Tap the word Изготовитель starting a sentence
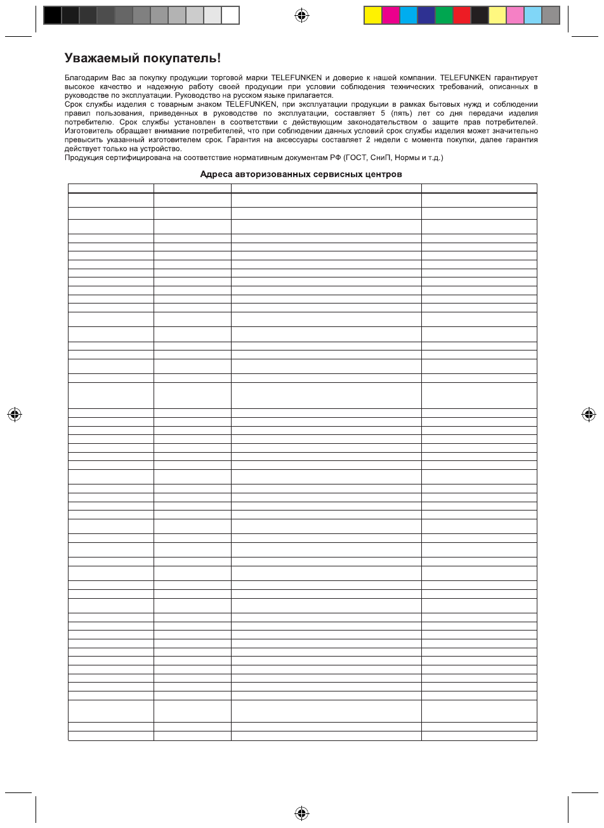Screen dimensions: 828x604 89,131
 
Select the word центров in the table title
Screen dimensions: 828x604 383,175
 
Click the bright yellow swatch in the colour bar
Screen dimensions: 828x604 373,15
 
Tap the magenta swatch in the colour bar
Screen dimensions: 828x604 391,15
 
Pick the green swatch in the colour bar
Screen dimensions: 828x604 444,15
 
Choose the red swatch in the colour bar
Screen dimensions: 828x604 462,15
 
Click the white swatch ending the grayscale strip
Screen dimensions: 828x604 230,15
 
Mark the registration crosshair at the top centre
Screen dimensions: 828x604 302,15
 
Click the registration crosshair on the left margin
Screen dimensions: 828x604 15,415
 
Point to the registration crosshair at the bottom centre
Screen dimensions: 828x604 302,812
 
